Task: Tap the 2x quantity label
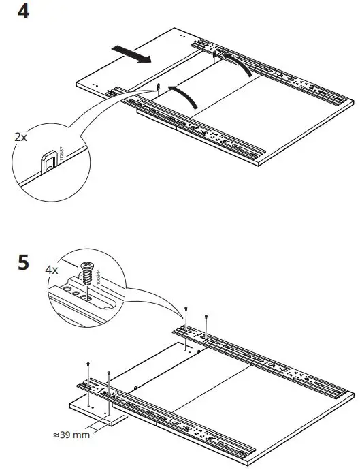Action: (x=21, y=137)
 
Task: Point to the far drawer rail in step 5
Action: (x=265, y=351)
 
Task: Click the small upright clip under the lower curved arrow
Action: (x=157, y=87)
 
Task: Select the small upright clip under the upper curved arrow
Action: (x=215, y=56)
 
